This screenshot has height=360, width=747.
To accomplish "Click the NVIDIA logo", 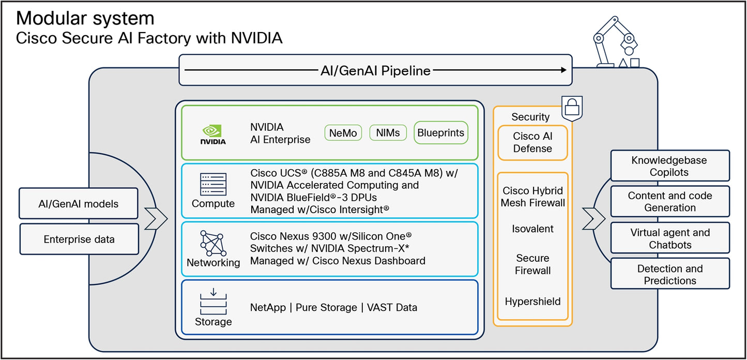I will coord(213,133).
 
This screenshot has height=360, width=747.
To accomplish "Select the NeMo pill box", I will coord(343,133).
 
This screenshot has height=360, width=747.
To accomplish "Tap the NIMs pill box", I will coord(388,133).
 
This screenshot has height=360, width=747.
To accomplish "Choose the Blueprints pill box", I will coord(441,133).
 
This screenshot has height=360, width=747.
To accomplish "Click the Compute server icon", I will coord(213,184).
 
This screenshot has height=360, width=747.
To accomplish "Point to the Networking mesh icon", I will coord(213,243).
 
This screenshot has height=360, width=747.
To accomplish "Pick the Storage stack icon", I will coord(213,303).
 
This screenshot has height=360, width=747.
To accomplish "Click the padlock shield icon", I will coord(571,108).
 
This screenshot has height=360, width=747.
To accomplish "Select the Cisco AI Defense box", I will coord(532,142).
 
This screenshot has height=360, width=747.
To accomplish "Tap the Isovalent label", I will coord(532,229).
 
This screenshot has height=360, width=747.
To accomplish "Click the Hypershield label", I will coord(532,302).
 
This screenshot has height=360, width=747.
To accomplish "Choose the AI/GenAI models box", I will coord(79,204).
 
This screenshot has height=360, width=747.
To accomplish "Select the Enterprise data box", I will coord(79,239).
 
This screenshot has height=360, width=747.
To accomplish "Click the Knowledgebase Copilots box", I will coord(669,166).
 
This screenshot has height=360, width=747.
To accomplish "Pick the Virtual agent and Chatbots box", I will coord(669,238).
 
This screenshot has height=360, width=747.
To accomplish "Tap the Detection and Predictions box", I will coord(669,274).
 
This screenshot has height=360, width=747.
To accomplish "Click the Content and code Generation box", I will coord(669,202).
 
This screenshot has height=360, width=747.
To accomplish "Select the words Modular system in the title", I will coord(85,19).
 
